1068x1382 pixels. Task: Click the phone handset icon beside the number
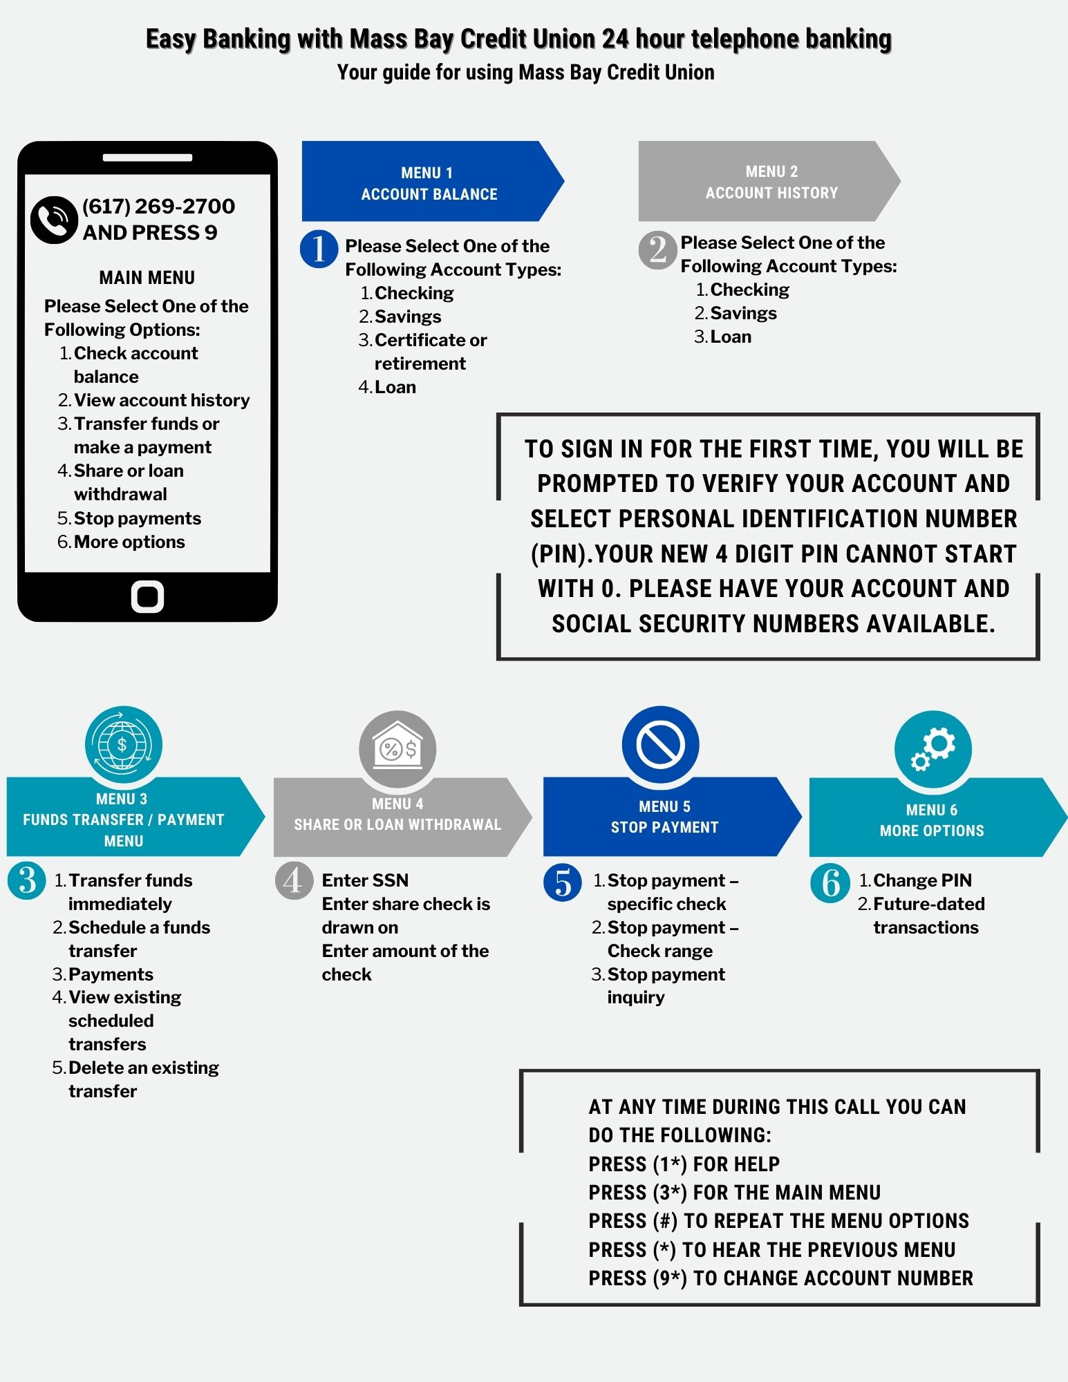pyautogui.click(x=53, y=220)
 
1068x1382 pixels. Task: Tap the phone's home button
pyautogui.click(x=147, y=596)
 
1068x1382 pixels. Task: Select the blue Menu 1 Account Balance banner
pyautogui.click(x=433, y=181)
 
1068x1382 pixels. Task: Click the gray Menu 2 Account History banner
pyautogui.click(x=769, y=181)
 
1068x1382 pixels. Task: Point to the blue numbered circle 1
pyautogui.click(x=319, y=249)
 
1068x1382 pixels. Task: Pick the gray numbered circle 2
pyautogui.click(x=657, y=249)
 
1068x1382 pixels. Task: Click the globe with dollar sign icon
pyautogui.click(x=123, y=744)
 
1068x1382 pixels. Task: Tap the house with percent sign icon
pyautogui.click(x=397, y=749)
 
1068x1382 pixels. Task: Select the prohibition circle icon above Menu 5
pyautogui.click(x=660, y=745)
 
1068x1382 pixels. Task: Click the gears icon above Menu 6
pyautogui.click(x=933, y=749)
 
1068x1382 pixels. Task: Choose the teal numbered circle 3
pyautogui.click(x=27, y=881)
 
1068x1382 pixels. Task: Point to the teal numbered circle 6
pyautogui.click(x=830, y=883)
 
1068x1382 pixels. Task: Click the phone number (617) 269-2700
pyautogui.click(x=158, y=206)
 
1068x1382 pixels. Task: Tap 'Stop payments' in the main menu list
pyautogui.click(x=138, y=518)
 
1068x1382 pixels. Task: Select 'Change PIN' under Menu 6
pyautogui.click(x=922, y=880)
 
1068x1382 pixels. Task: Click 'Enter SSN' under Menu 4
pyautogui.click(x=365, y=880)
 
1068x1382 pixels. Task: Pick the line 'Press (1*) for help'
pyautogui.click(x=684, y=1164)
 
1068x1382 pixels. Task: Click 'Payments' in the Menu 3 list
pyautogui.click(x=111, y=974)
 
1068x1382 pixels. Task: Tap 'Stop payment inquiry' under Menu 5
pyautogui.click(x=666, y=986)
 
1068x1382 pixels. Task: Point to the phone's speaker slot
pyautogui.click(x=147, y=158)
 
